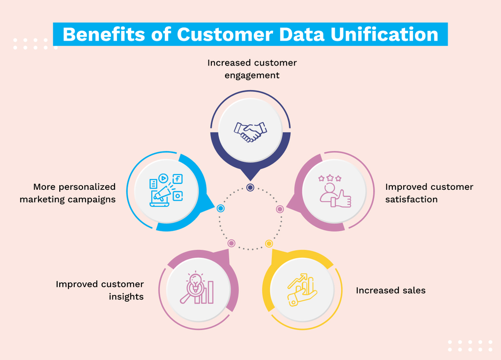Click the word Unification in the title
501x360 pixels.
[384, 34]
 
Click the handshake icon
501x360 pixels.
[250, 132]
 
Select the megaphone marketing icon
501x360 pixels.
[166, 190]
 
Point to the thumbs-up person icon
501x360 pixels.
[335, 191]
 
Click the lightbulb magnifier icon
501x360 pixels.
[197, 288]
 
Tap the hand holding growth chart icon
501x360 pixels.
[302, 290]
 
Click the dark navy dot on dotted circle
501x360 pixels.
[250, 187]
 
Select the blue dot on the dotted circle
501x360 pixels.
[221, 208]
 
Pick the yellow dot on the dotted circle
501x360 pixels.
[269, 244]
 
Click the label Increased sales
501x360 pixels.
[390, 291]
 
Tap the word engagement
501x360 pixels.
[252, 76]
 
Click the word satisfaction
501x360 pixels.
[411, 200]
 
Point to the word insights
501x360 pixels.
[126, 297]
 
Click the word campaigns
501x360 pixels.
[91, 200]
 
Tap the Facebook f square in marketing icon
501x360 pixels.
[177, 179]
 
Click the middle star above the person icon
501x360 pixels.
[330, 178]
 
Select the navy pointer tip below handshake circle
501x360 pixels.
[250, 180]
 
